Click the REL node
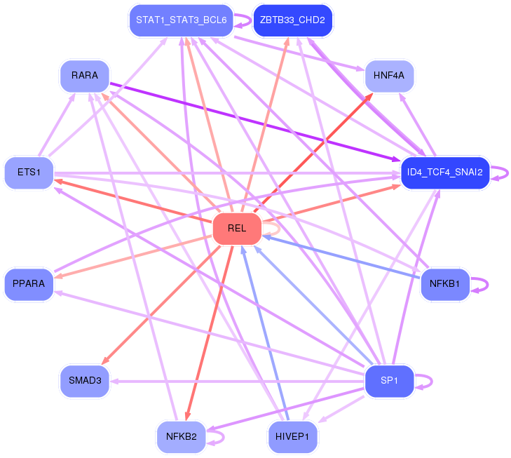(x=237, y=229)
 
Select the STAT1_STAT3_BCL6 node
(x=181, y=20)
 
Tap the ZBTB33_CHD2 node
(x=292, y=20)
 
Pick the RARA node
(x=85, y=76)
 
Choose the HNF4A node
(x=389, y=76)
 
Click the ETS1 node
(x=29, y=173)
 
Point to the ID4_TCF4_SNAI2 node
(x=445, y=173)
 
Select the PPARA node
(x=29, y=284)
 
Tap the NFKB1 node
(x=445, y=284)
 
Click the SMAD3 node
(x=85, y=381)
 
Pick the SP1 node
(x=389, y=381)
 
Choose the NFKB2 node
(x=181, y=437)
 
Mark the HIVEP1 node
(x=292, y=437)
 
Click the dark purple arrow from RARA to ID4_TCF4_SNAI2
(x=255, y=122)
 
